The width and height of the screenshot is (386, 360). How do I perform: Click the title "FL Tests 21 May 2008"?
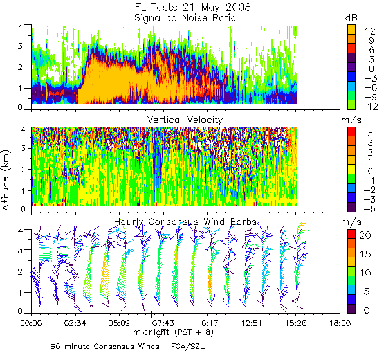184,7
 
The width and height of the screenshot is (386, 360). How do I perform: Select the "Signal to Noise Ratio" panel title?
185,18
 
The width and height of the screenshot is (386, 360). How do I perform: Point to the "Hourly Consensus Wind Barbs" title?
185,222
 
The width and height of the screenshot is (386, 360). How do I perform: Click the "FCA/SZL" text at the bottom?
188,346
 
